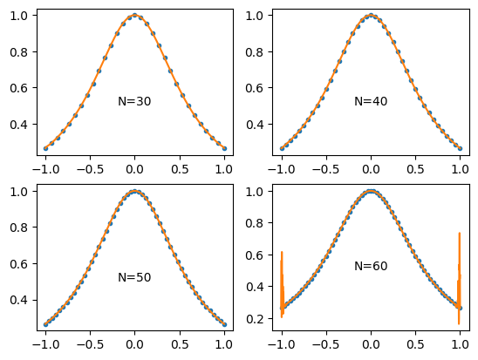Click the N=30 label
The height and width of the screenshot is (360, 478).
coord(134,102)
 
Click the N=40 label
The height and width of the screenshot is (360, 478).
coord(371,102)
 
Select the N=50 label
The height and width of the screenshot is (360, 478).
coord(134,278)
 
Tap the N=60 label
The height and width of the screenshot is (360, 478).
coord(371,266)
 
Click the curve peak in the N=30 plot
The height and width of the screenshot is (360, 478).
coord(134,15)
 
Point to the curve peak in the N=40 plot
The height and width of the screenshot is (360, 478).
coord(371,15)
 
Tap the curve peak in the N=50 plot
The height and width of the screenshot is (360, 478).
coord(134,191)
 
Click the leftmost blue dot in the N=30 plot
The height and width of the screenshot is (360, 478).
coord(45,148)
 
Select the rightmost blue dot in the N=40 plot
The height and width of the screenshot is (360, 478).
coord(460,148)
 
